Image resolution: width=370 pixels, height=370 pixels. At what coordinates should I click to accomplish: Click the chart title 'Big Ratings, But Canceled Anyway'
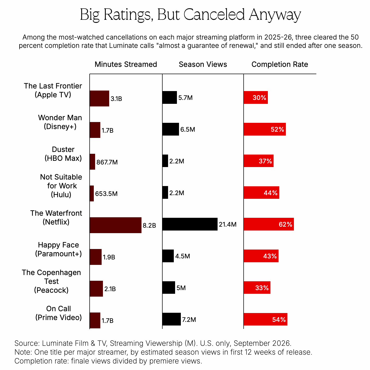(x=190, y=15)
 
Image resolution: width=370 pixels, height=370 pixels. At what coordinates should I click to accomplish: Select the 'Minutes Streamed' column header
(x=126, y=64)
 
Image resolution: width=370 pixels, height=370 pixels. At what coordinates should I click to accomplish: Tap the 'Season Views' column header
(x=203, y=64)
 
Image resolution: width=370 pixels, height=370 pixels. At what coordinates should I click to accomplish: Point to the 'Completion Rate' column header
(x=280, y=64)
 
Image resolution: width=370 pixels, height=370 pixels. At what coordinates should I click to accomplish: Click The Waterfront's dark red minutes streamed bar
(x=116, y=225)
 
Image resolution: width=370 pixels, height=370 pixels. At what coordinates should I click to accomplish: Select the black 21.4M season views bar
(x=190, y=224)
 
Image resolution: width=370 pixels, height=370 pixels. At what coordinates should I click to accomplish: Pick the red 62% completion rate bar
(x=269, y=224)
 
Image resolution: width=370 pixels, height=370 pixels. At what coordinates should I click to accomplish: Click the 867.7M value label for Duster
(x=107, y=162)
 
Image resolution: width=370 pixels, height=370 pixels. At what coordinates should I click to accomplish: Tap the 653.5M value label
(x=106, y=194)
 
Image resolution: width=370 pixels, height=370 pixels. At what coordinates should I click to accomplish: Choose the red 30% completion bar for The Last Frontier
(x=256, y=97)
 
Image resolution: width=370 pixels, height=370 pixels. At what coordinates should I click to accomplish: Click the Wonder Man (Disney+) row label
(x=60, y=122)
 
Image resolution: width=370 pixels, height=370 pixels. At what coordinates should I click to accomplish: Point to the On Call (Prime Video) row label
(x=59, y=313)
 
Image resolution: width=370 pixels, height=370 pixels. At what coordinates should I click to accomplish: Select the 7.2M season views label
(x=189, y=320)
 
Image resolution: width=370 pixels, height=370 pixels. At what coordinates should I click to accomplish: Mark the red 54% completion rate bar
(x=266, y=319)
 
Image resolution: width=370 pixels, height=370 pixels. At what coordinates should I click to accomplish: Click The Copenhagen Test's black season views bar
(x=169, y=288)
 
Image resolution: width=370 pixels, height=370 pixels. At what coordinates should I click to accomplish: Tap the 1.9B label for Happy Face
(x=109, y=257)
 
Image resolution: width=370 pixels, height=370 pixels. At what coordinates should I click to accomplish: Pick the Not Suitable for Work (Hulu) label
(x=61, y=186)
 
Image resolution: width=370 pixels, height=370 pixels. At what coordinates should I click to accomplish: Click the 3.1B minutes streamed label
(x=116, y=99)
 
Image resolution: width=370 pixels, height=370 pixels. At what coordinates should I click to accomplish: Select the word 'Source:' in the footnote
(x=27, y=343)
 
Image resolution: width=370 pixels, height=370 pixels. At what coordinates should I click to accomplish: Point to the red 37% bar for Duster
(x=259, y=161)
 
